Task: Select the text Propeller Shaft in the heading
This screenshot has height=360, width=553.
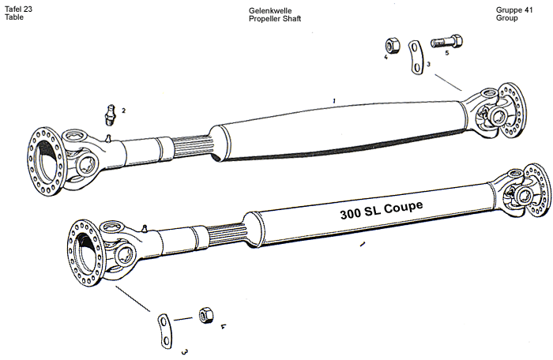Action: (274, 18)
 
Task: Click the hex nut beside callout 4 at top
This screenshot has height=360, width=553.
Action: (393, 43)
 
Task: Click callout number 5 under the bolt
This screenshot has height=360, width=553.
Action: (447, 54)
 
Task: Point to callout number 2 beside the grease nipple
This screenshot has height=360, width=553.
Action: (123, 111)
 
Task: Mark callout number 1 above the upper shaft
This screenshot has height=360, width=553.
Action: (335, 100)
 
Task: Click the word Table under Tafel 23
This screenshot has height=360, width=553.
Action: (14, 18)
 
